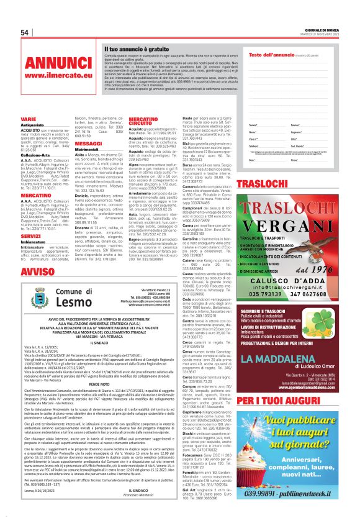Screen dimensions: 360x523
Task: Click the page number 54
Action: click(25, 32)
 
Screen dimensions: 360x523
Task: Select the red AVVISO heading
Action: click(37, 273)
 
